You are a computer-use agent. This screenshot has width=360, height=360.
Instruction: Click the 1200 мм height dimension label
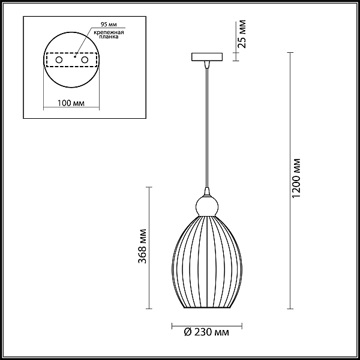296,178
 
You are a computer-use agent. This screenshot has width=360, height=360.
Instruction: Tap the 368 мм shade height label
143,246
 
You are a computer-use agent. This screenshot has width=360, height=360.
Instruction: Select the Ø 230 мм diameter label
206,332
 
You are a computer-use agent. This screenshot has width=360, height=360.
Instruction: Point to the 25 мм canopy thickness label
242,34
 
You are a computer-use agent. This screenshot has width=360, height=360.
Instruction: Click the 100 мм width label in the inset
71,103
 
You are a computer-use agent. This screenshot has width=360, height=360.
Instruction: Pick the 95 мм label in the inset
109,25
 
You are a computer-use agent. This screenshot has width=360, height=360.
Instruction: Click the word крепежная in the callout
109,32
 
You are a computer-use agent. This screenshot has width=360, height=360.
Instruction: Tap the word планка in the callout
109,37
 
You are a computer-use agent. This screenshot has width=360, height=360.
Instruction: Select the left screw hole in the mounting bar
59,60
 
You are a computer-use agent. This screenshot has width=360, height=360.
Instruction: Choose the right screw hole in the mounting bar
85,60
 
